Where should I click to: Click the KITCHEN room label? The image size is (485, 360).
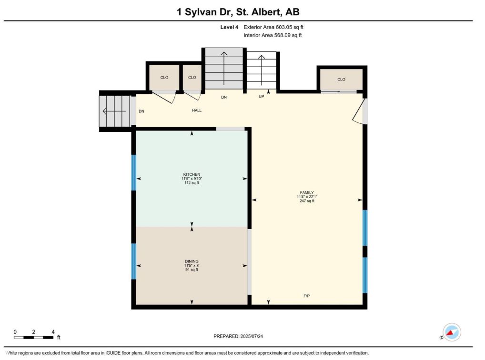coord(192,174)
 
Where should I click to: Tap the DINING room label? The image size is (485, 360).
coord(192,261)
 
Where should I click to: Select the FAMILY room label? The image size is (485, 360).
coord(307,192)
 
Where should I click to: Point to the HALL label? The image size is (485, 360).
coord(197,110)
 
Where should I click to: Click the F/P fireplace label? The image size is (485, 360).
coord(306,296)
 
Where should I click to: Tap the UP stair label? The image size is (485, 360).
coord(262,97)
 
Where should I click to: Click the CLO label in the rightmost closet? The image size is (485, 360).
coord(341,80)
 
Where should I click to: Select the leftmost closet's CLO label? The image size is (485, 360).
coord(164,77)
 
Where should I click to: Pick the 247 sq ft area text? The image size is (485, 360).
coord(307,201)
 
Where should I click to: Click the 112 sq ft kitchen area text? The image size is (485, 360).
coord(192,183)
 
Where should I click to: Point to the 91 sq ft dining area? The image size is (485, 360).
coord(192,270)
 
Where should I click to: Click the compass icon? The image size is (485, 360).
coord(452,332)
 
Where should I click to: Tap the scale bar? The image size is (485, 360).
coord(34,337)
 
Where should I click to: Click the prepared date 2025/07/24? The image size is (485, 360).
coord(252,336)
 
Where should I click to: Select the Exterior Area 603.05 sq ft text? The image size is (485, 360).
coord(273,27)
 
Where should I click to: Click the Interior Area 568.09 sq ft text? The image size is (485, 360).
coord(273,35)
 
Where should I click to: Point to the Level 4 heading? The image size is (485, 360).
coord(229,27)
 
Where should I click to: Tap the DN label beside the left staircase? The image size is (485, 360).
coord(141,111)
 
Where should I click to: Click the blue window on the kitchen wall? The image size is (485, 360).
coord(133,172)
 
